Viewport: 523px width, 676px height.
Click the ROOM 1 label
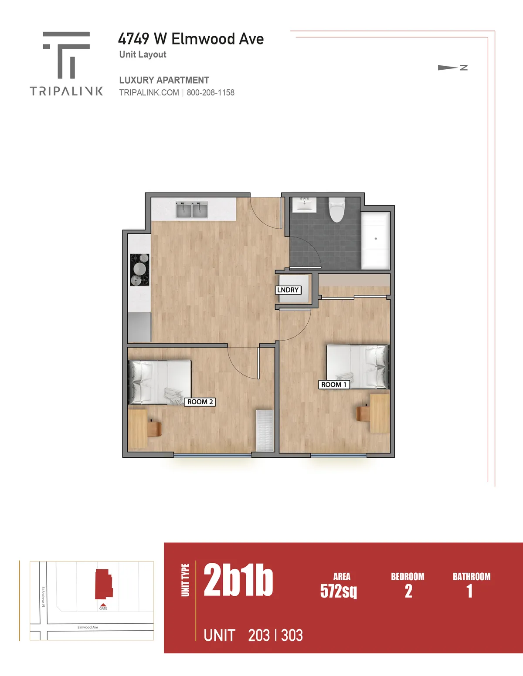[x=334, y=385]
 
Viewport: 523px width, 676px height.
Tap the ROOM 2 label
[x=200, y=402]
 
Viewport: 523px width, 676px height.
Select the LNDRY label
[x=288, y=290]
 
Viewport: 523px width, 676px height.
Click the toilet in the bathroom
[x=336, y=210]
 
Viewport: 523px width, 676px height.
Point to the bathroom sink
[x=304, y=204]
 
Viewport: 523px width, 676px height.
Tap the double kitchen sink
[x=191, y=210]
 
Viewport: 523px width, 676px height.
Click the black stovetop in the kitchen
[x=139, y=270]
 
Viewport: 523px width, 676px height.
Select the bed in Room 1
[x=357, y=366]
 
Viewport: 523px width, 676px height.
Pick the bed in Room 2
[x=160, y=382]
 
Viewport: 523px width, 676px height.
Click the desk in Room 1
[x=380, y=413]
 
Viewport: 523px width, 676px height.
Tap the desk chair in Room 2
[x=154, y=428]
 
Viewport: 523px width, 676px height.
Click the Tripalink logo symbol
[x=66, y=55]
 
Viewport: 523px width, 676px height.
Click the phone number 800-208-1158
[x=211, y=93]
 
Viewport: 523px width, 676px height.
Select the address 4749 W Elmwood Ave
[x=191, y=39]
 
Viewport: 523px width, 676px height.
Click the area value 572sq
[x=339, y=591]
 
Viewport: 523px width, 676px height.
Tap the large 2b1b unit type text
[x=238, y=580]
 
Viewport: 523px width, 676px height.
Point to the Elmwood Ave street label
[x=88, y=627]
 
